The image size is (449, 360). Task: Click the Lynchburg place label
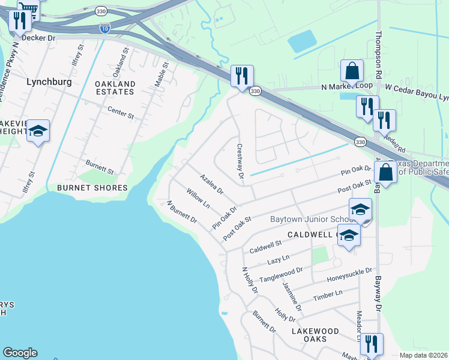[x=49, y=81]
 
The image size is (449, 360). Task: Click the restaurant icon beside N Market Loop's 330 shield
[x=243, y=76]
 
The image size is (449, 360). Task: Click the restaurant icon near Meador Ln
[x=371, y=344]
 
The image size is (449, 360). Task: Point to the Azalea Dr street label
[x=211, y=185]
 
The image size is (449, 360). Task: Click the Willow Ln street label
[x=197, y=199]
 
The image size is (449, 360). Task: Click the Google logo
[x=20, y=353]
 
